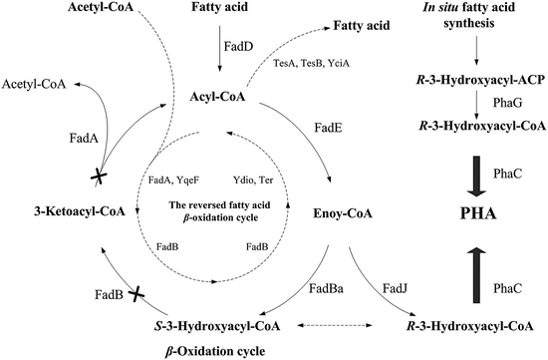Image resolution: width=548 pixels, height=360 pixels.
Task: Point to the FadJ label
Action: pos(396,289)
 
